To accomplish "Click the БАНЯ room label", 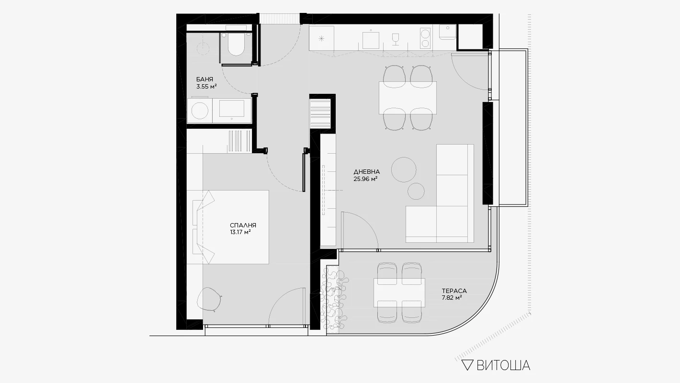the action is pos(204,79).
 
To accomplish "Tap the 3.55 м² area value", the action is pos(206,87).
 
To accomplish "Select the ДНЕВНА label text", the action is pos(367,172).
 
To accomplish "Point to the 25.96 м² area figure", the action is pos(365,179).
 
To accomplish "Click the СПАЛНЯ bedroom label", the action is pos(243,225).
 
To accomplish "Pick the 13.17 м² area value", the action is pos(240,233).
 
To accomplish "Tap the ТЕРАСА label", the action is pos(454,291).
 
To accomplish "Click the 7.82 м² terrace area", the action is pos(452,298).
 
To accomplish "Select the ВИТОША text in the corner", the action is pos(503,365).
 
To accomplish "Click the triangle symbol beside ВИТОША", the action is pos(467,365).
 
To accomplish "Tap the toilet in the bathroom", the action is pos(236,45).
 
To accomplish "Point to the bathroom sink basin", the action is pos(232,108).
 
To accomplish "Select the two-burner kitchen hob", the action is pos(425,38).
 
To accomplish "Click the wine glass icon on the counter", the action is pos(395,39).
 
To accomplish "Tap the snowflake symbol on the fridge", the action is pos(321,39).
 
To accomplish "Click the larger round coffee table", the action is pos(404,169).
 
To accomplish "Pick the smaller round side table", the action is pos(416,191).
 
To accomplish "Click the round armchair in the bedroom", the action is pos(209,299).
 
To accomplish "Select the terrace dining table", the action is pos(399,293).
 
